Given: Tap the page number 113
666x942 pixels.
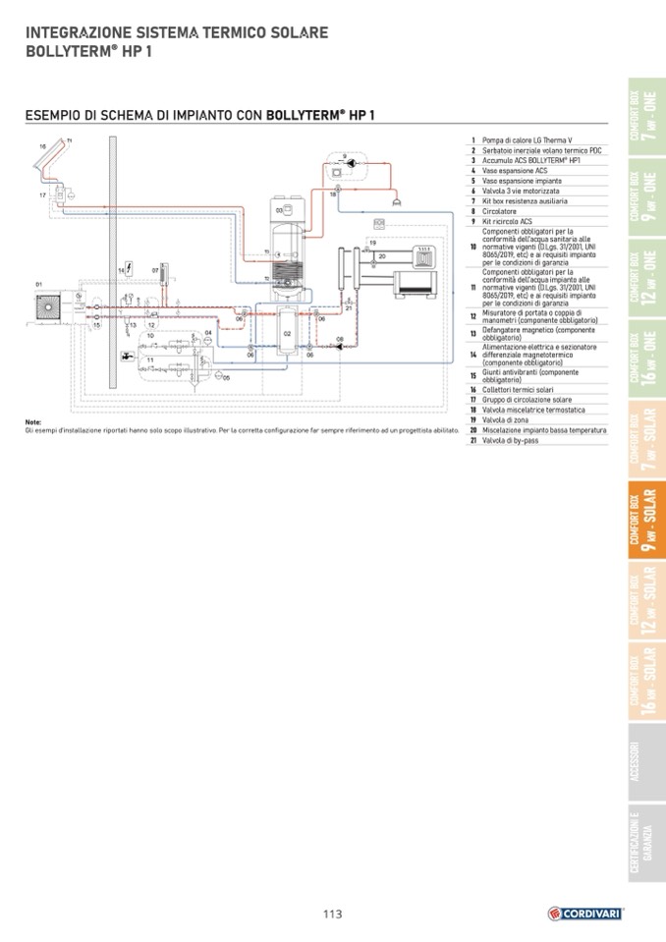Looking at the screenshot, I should click(x=332, y=914).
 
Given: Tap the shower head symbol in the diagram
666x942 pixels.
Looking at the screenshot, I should click(x=395, y=199).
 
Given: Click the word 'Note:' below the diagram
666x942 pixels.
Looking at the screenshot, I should click(x=34, y=422).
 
